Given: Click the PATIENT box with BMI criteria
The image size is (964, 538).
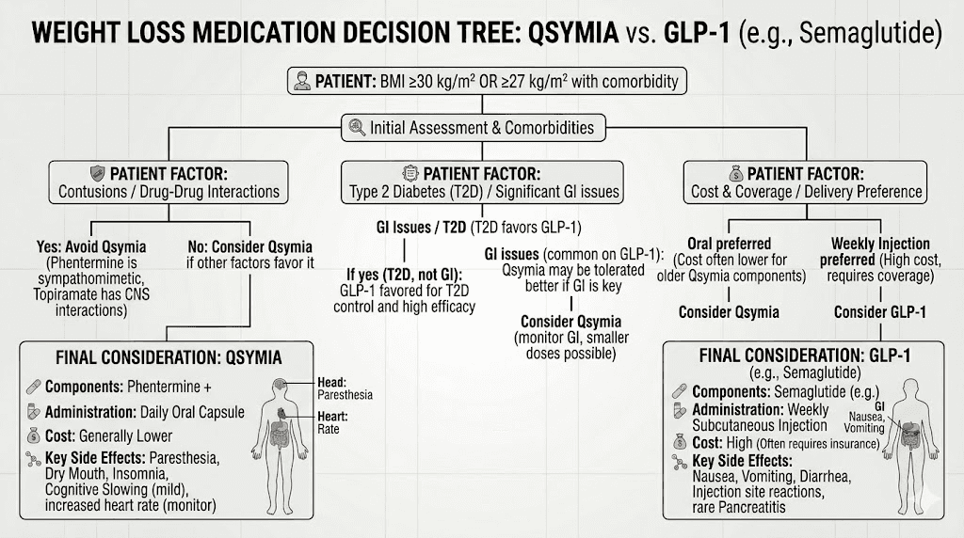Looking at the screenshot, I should pyautogui.click(x=486, y=81).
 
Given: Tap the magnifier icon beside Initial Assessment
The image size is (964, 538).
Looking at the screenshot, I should pyautogui.click(x=357, y=127).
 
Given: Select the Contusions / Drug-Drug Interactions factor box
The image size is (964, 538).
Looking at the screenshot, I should pyautogui.click(x=169, y=182).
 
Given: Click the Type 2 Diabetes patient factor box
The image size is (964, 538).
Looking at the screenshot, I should pyautogui.click(x=482, y=182).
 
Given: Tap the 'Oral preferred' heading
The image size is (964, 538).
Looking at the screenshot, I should pyautogui.click(x=731, y=243).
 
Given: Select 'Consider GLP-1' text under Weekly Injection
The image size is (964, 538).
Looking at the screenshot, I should pyautogui.click(x=878, y=312).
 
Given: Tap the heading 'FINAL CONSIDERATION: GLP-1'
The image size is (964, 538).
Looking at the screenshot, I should pyautogui.click(x=796, y=357).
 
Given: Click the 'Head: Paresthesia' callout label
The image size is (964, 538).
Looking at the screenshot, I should pyautogui.click(x=345, y=388).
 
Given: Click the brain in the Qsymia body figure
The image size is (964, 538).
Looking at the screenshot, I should pyautogui.click(x=281, y=388).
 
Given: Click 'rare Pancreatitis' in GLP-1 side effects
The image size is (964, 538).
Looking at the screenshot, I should pyautogui.click(x=742, y=508).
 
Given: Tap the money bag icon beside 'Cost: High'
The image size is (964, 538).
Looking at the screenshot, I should pyautogui.click(x=679, y=443).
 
